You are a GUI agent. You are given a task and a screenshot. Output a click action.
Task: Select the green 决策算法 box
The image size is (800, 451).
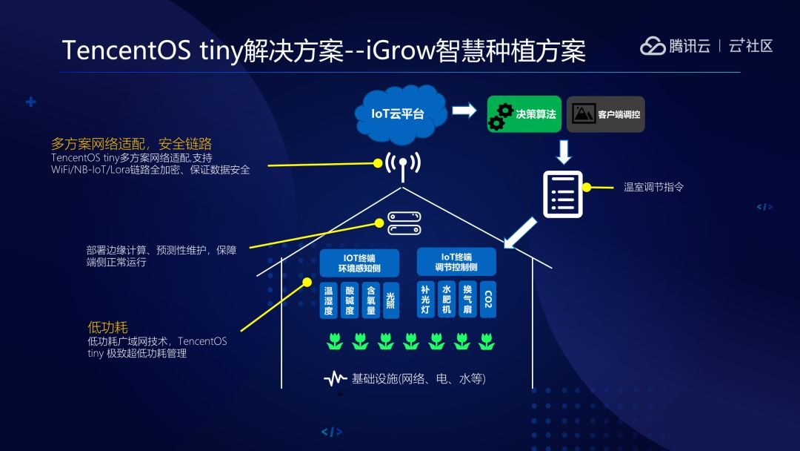point(524,114)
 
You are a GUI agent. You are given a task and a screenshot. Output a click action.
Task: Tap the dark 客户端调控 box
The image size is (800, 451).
point(605,114)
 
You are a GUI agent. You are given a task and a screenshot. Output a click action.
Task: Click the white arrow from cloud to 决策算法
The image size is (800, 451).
point(464,111)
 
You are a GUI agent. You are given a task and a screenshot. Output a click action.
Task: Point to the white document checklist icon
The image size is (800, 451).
point(562,194)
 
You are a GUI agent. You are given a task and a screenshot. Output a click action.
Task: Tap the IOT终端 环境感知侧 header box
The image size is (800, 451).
point(359,263)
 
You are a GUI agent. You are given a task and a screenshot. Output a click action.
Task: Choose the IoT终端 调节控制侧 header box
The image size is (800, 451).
point(456,262)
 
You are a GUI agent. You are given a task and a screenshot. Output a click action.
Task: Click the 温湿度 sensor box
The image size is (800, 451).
point(328,300)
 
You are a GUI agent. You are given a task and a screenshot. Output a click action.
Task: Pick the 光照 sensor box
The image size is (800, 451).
point(390,300)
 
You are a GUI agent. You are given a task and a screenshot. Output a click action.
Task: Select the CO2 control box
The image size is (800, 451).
point(487,300)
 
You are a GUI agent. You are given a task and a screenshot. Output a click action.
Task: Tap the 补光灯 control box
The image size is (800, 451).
point(425,300)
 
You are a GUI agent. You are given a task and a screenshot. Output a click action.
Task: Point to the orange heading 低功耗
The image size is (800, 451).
point(107,327)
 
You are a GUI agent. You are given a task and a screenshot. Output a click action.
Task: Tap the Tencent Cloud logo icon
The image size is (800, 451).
point(653,46)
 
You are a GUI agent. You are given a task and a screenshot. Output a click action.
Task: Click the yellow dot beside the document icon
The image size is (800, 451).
point(587,188)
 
